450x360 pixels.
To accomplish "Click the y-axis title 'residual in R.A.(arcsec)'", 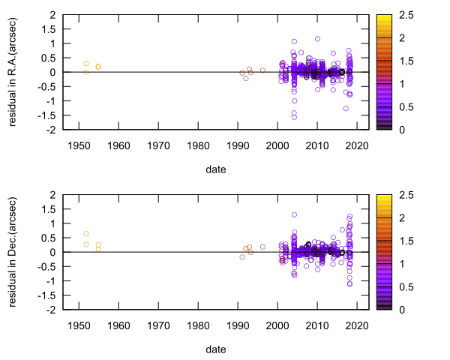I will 13,72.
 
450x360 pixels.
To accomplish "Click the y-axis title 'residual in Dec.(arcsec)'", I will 13,252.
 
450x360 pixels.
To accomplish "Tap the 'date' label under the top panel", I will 216,169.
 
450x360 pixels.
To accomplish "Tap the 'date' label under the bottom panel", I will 216,349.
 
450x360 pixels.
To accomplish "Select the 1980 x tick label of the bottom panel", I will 198,325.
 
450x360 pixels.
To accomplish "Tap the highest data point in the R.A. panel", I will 317,39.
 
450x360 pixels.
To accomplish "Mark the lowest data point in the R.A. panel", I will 294,117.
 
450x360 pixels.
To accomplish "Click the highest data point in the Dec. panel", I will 294,214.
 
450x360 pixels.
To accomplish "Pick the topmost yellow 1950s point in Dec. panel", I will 86,234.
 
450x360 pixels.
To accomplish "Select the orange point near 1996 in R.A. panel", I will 262,70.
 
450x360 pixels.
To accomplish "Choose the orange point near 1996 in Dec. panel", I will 262,247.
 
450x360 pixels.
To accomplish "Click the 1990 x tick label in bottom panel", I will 238,325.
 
